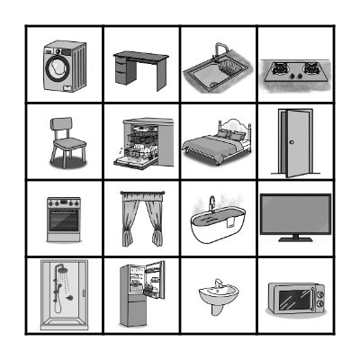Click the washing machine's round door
click(57, 66)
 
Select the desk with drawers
click(140, 67)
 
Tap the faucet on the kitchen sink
click(218, 50)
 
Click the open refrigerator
click(140, 295)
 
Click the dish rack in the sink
click(233, 66)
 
